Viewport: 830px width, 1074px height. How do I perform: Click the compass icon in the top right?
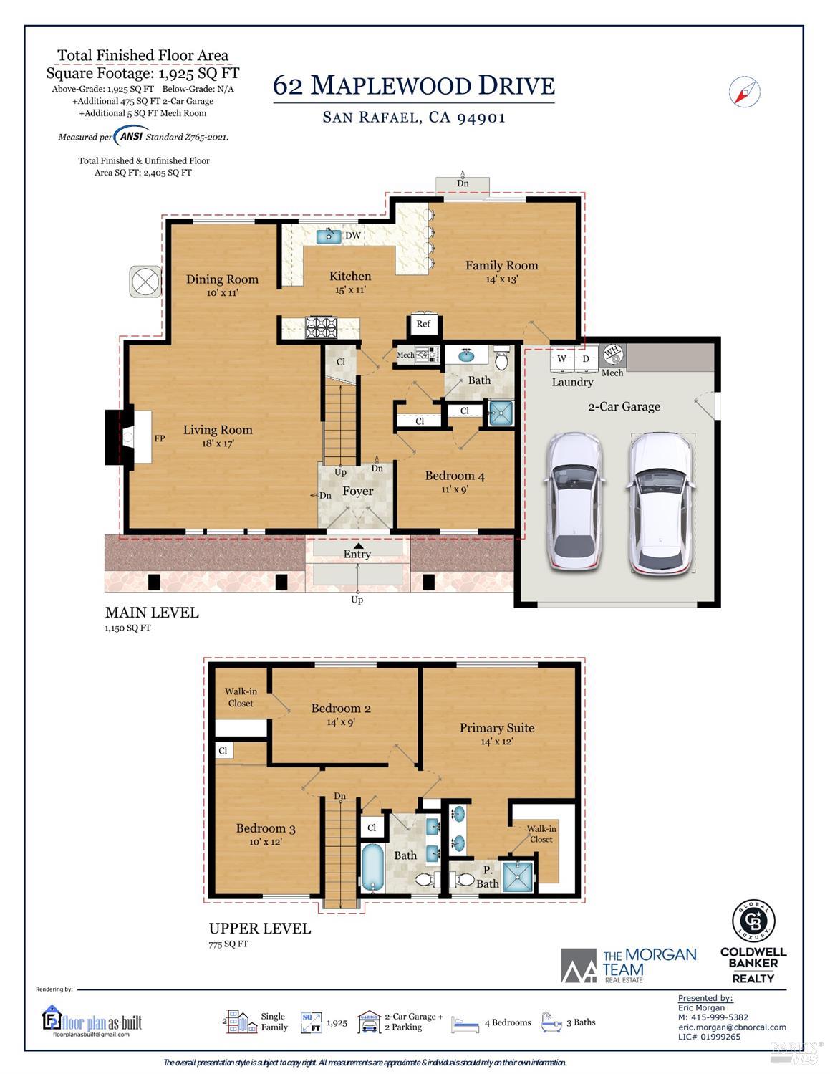[x=745, y=92]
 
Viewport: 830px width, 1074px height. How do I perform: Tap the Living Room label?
[x=218, y=430]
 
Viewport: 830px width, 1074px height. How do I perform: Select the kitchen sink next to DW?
[x=329, y=236]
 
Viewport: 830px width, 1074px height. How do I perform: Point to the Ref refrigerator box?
[x=423, y=324]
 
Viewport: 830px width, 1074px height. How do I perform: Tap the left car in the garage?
[x=575, y=502]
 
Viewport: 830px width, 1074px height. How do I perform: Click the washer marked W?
[x=562, y=359]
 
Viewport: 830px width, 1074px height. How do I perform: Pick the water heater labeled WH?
[x=612, y=353]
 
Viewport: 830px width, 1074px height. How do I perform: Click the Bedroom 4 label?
[x=455, y=476]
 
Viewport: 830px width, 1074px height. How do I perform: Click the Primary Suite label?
[x=497, y=728]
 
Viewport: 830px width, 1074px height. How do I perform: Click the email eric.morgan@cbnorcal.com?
[x=732, y=1027]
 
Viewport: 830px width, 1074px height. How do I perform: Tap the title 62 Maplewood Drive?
[x=413, y=86]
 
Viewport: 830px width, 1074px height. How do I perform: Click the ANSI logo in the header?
[x=131, y=136]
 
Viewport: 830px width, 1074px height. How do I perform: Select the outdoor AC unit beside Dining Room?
[x=145, y=281]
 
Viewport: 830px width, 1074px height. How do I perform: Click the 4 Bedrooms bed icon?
[x=465, y=1023]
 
